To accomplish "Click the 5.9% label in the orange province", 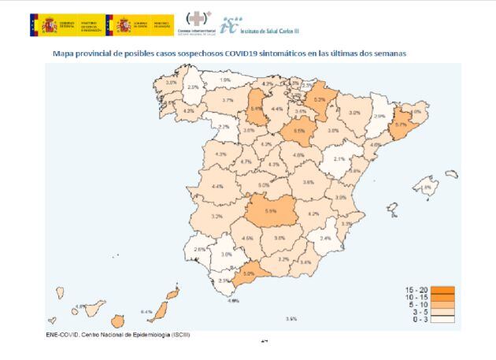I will point(270,211).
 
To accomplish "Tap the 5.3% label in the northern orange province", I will point(320,101).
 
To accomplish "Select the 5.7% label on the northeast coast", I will point(401,124).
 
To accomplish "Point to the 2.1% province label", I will point(339,159).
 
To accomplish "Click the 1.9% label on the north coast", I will point(225,80).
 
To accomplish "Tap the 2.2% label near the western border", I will point(223,127).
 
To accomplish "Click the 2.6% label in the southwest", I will point(199,250).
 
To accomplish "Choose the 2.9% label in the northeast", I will point(379,117).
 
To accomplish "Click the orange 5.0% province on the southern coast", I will point(248,274).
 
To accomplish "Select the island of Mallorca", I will point(428,188).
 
